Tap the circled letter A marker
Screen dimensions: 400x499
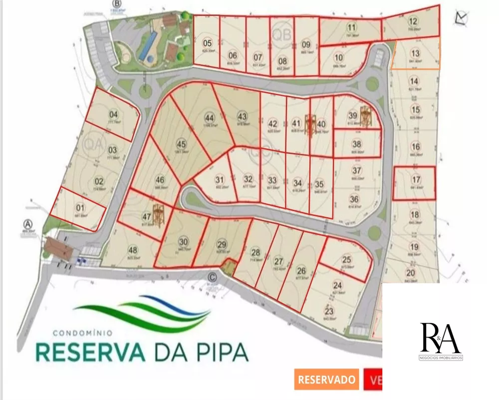[x=28, y=223]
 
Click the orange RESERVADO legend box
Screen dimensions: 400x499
[x=326, y=380]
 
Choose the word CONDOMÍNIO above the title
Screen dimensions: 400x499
[x=82, y=331]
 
